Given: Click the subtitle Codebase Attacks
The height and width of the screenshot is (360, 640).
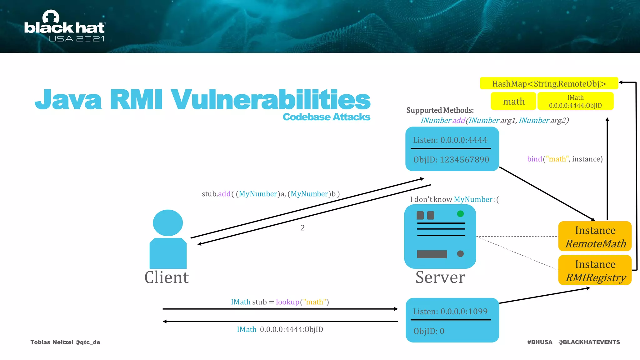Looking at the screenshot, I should tap(326, 117).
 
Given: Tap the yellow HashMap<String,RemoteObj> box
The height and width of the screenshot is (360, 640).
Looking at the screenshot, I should tap(549, 83).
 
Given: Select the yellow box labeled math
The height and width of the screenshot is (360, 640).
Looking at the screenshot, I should tap(513, 101).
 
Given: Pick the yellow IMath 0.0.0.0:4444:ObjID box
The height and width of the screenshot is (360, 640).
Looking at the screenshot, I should tap(575, 101).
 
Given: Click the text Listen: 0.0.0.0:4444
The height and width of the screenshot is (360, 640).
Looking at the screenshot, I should tap(450, 140).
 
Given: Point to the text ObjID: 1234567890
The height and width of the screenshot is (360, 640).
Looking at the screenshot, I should tap(451, 160).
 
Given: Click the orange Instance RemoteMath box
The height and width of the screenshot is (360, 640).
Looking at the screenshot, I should tap(595, 237).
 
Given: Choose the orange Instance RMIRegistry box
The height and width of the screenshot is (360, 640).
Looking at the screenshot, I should tap(595, 270).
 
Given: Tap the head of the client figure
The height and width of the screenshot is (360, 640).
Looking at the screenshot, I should tap(168, 223).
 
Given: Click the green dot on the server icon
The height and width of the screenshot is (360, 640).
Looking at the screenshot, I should tap(460, 214).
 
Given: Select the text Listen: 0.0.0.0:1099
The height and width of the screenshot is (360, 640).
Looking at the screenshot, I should tap(450, 312).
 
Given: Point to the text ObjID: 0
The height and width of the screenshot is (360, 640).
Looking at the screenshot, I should tap(429, 331).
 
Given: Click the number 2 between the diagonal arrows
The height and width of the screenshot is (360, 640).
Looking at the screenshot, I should tap(302, 228).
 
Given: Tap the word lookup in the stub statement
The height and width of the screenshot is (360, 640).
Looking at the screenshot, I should tap(287, 302).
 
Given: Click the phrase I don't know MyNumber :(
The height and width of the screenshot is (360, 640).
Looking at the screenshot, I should tap(454, 199).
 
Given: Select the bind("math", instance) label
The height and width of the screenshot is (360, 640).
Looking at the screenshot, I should tap(565, 159).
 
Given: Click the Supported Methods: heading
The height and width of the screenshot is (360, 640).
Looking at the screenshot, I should tap(440, 110).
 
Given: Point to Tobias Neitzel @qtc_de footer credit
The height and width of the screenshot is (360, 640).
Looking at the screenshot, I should tap(65, 342).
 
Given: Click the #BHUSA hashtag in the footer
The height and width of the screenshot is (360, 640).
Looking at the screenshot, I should tap(540, 342).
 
